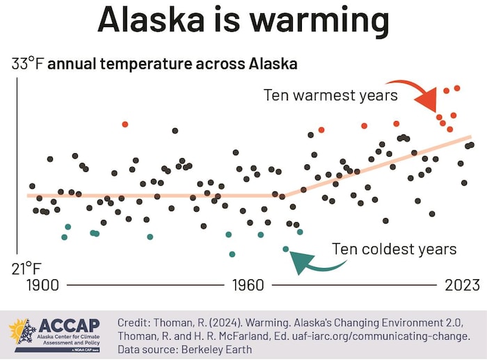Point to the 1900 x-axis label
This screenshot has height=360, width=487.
click(x=43, y=285)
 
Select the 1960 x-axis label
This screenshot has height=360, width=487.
click(x=248, y=285)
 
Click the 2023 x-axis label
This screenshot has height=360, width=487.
click(x=462, y=285)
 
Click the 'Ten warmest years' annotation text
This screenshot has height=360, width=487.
click(x=330, y=95)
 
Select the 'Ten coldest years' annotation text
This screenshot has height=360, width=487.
click(x=394, y=249)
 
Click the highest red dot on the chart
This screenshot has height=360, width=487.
click(x=457, y=88)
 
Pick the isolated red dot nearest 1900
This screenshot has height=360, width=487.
click(x=125, y=124)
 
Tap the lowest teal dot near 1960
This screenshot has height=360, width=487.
click(x=232, y=254)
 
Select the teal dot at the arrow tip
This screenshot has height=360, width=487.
click(x=285, y=249)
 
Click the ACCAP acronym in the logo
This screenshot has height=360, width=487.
click(x=70, y=326)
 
